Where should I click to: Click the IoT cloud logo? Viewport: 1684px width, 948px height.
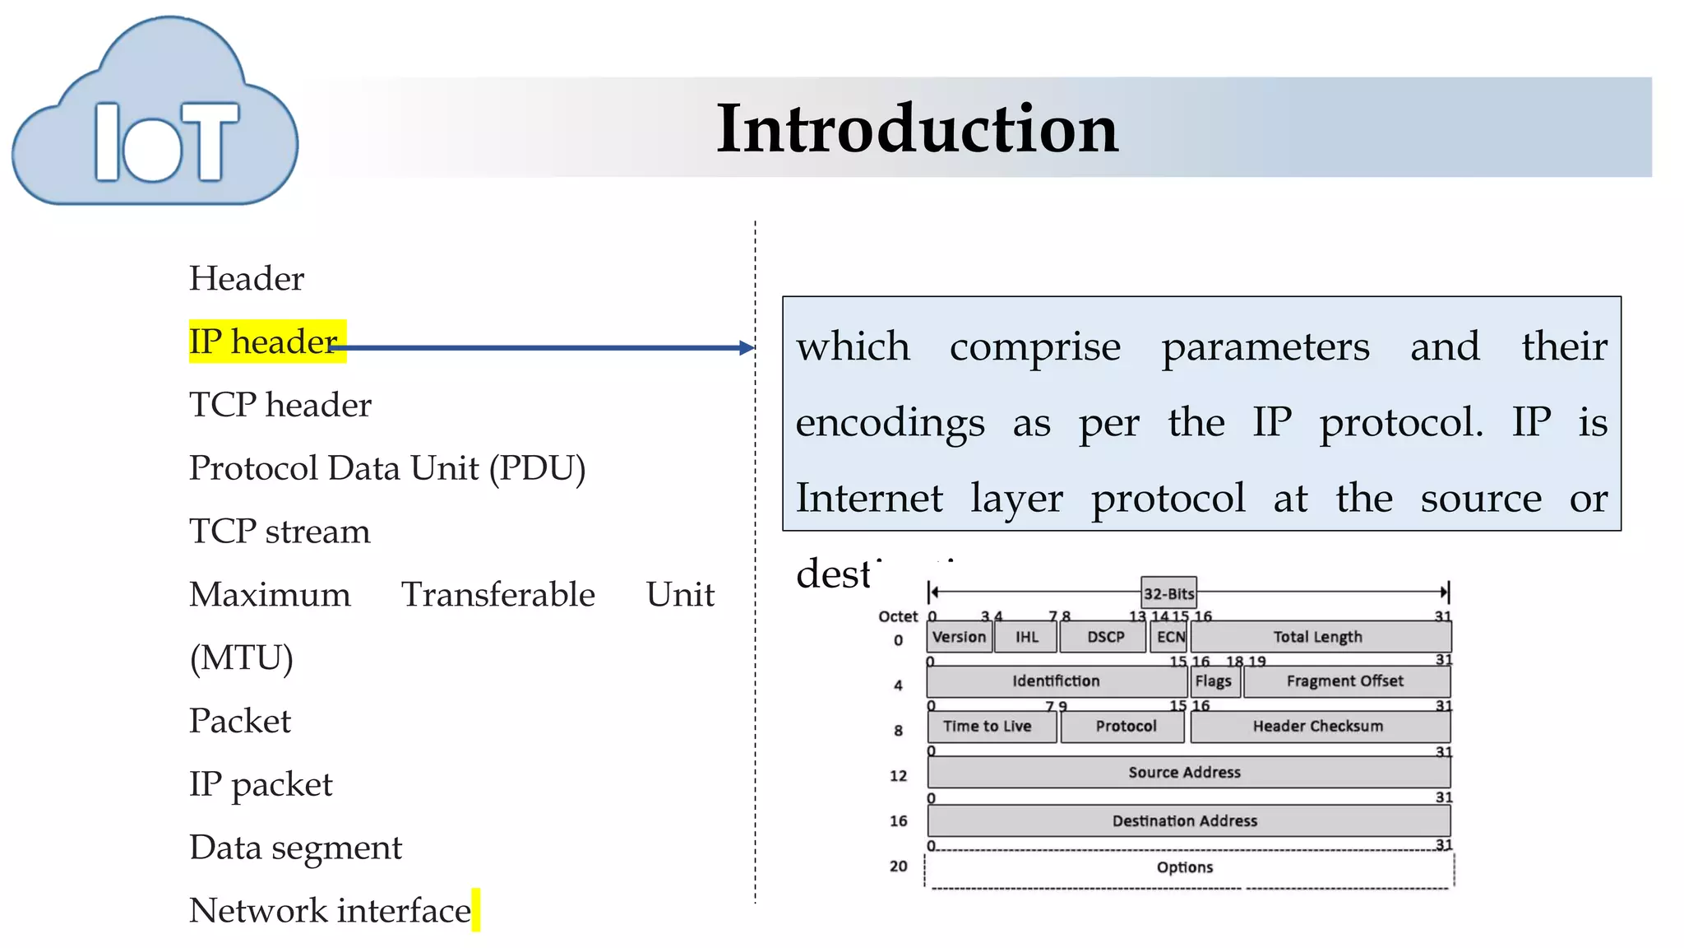point(156,115)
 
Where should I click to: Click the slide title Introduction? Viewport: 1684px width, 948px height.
point(917,128)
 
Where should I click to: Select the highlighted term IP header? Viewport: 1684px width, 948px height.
point(263,341)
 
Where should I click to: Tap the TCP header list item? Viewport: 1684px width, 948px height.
point(280,405)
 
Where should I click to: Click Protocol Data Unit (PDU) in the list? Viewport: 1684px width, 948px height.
point(387,468)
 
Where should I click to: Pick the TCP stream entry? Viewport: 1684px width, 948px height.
point(280,532)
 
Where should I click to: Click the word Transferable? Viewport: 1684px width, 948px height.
point(497,594)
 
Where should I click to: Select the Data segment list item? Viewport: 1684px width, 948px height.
point(295,848)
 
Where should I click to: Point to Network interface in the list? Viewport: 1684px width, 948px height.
point(330,911)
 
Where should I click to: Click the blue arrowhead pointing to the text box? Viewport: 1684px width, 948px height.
point(747,348)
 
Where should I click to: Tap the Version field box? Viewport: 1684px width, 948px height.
point(959,637)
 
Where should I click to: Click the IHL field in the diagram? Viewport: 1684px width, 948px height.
point(1026,637)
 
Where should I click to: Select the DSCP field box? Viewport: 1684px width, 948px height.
point(1104,637)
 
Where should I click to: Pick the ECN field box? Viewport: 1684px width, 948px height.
point(1170,637)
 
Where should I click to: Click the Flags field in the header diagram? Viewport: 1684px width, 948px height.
point(1214,681)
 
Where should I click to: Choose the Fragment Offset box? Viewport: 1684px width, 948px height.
point(1345,681)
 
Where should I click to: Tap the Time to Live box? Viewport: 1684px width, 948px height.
point(989,727)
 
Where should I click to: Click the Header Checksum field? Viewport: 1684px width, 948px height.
point(1318,727)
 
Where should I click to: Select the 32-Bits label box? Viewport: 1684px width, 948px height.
point(1168,593)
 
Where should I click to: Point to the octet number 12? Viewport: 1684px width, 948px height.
point(899,776)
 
